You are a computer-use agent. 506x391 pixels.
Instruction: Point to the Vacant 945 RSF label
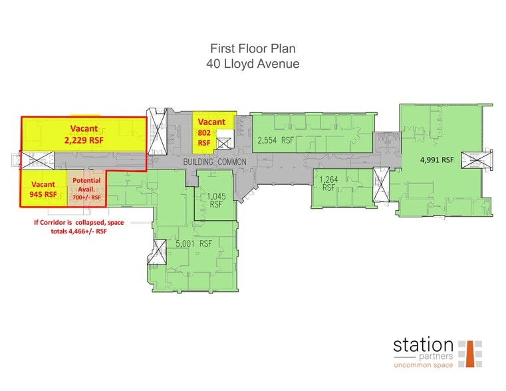tap(43, 190)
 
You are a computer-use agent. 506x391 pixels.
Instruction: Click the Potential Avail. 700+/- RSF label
tap(86, 189)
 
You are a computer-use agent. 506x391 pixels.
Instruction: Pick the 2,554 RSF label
tap(275, 140)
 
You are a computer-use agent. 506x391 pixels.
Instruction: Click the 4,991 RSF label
tap(436, 160)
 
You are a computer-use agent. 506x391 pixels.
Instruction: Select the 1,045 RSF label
tap(215, 200)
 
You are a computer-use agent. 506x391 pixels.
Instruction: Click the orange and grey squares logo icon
tap(470, 353)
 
